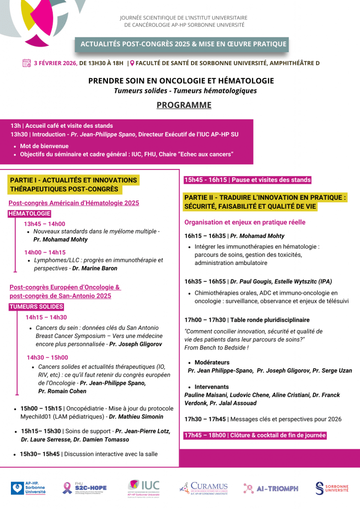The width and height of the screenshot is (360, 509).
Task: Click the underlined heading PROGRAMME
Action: tap(184, 105)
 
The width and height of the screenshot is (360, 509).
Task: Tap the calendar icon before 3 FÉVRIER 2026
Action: tap(27, 63)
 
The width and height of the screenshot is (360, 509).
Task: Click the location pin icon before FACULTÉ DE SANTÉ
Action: tap(132, 63)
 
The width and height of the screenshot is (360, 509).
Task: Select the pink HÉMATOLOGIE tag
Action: tap(29, 214)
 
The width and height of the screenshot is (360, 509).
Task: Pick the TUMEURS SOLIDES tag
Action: tap(36, 307)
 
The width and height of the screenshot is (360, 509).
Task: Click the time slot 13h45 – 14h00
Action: tap(44, 224)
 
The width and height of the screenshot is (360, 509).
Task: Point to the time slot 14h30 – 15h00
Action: tap(47, 357)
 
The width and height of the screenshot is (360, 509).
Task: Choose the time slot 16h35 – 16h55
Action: tap(204, 281)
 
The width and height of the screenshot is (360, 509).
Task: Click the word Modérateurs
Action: tap(212, 362)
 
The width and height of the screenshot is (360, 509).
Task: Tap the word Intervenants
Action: tap(211, 387)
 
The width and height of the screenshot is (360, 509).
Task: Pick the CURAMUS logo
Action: tap(203, 488)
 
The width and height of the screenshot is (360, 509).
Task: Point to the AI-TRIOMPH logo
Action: tap(270, 488)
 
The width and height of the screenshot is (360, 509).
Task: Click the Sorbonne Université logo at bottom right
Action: tap(332, 488)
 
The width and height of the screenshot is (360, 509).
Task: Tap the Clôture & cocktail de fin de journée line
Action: tap(255, 435)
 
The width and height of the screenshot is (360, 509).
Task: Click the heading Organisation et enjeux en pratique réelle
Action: tap(245, 222)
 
